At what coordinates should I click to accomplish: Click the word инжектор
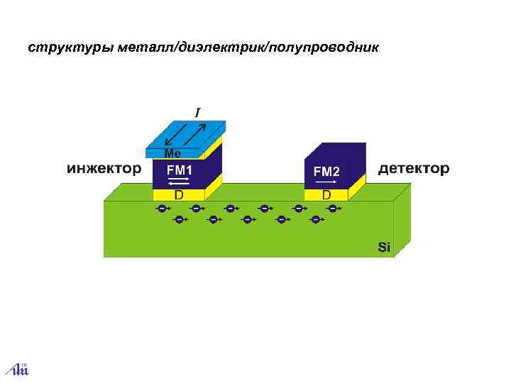click(x=104, y=169)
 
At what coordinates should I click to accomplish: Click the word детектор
click(x=414, y=169)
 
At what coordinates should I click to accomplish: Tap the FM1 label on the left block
click(x=180, y=171)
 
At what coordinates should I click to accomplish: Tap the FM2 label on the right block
click(x=326, y=172)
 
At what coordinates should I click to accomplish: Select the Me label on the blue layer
click(x=172, y=153)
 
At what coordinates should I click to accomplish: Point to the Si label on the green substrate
click(x=384, y=247)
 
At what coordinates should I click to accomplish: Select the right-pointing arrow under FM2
click(x=326, y=182)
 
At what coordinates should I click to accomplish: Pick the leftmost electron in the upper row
click(x=162, y=209)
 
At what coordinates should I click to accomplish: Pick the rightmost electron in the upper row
click(x=332, y=209)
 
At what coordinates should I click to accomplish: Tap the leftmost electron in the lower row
click(x=178, y=220)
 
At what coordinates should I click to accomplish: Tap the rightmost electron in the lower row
click(x=315, y=220)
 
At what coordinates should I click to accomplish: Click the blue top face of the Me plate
click(x=188, y=134)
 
